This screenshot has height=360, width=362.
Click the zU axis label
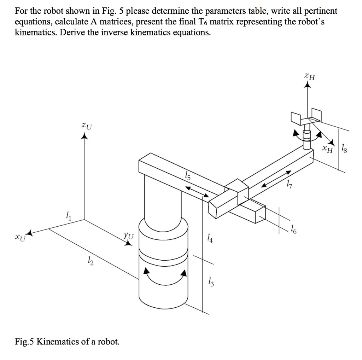click(x=86, y=126)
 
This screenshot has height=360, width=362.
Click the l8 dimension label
click(x=345, y=149)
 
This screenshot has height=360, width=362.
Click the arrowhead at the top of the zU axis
click(x=84, y=136)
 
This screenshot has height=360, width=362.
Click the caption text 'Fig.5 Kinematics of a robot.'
click(x=67, y=342)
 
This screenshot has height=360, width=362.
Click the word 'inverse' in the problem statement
click(x=104, y=33)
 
